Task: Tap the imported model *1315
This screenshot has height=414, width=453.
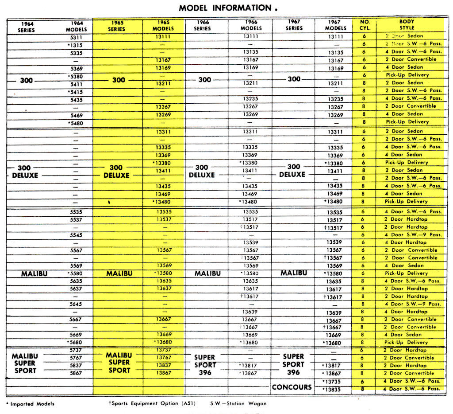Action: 75,45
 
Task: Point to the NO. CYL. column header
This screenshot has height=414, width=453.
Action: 364,25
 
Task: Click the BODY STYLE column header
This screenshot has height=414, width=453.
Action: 407,25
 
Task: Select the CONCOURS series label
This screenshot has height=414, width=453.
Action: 292,387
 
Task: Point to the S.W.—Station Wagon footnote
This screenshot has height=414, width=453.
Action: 238,403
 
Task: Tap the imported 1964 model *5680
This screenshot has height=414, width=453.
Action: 75,342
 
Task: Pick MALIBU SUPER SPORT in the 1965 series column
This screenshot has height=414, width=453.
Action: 119,363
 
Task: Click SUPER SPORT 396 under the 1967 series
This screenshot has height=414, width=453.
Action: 293,364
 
